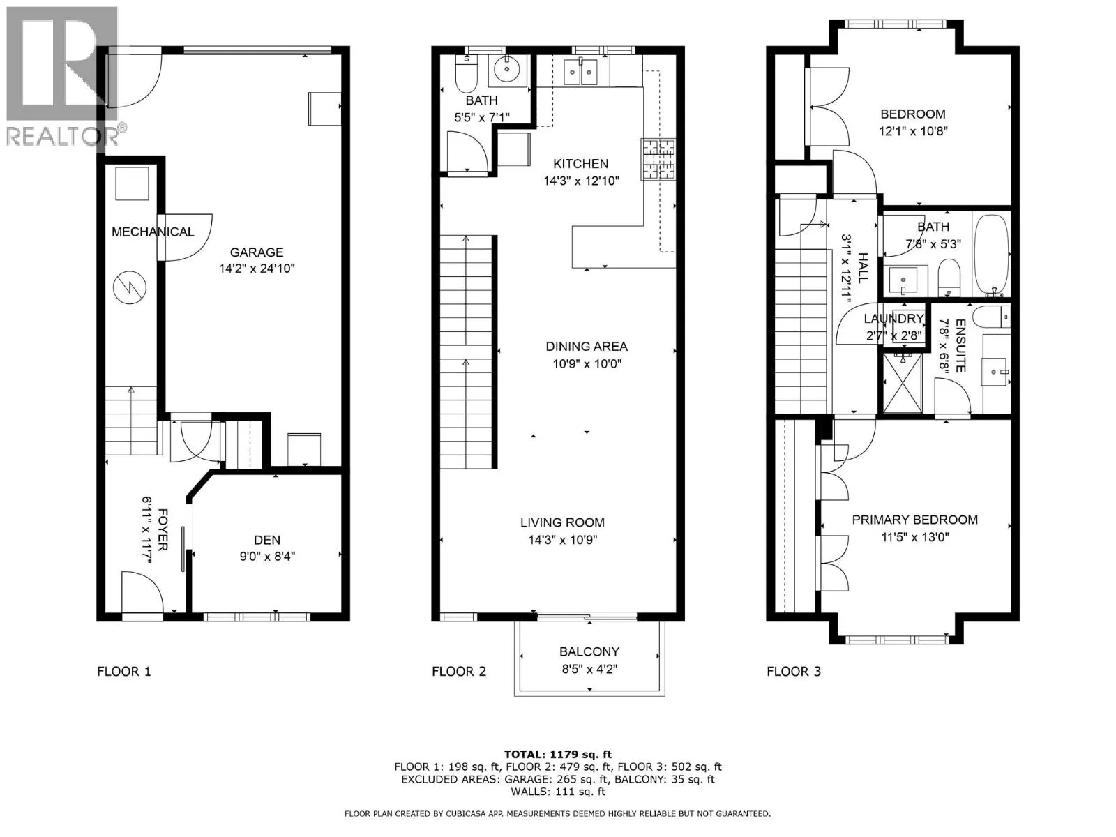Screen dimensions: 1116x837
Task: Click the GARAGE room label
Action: [257, 252]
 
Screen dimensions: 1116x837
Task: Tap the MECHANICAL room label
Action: [153, 232]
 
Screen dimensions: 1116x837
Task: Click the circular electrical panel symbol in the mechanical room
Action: [130, 287]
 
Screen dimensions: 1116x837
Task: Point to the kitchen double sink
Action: [581, 72]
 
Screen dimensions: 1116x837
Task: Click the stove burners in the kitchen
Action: [658, 159]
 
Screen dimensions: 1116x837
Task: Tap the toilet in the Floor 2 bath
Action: [466, 74]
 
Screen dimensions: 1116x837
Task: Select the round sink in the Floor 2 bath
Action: [507, 70]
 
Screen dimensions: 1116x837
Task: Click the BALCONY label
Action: [589, 651]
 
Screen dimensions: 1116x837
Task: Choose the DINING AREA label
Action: [587, 347]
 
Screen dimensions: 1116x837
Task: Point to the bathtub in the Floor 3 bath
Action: [991, 256]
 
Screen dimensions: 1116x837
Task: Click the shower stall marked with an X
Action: [903, 383]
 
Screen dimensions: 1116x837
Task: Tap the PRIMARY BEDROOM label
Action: [914, 520]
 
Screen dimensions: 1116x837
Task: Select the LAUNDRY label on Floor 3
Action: [893, 319]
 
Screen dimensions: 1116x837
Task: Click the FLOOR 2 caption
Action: [458, 672]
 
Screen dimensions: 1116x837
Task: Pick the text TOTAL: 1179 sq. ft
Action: [558, 755]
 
